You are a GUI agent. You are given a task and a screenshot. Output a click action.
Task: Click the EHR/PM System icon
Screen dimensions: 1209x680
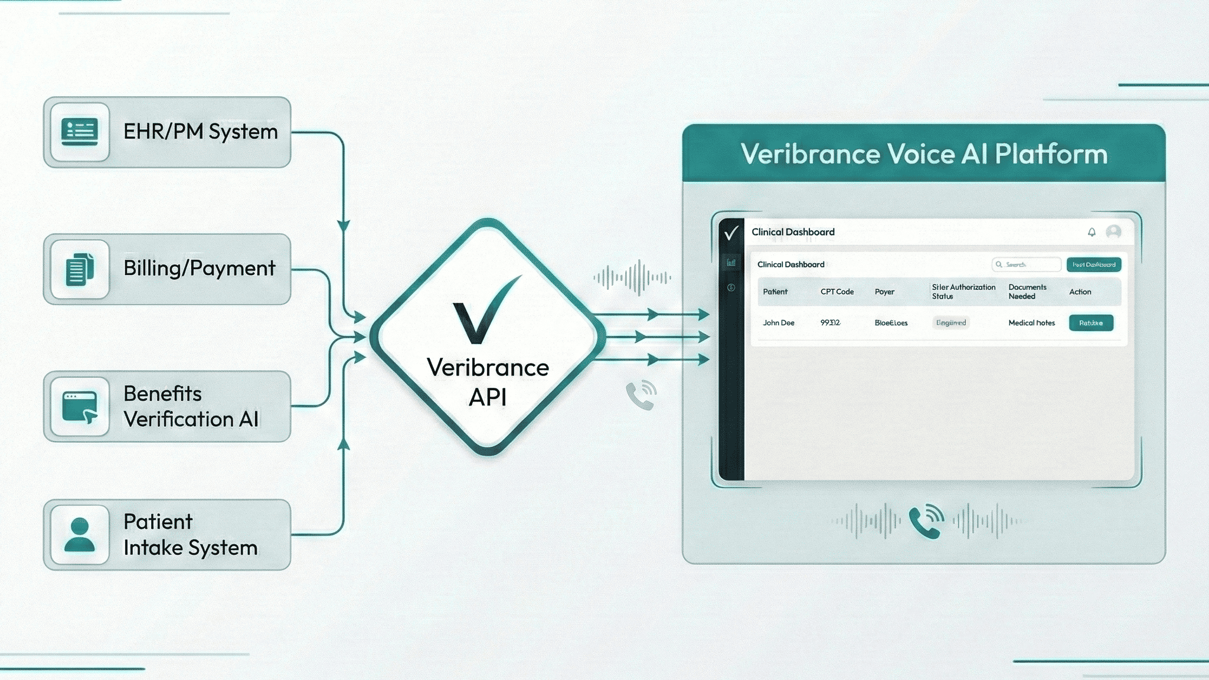coord(80,132)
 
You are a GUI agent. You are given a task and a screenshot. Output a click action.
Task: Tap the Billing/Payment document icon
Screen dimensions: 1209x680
coord(80,269)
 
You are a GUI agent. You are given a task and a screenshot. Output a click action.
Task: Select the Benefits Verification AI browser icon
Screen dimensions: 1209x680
coord(80,407)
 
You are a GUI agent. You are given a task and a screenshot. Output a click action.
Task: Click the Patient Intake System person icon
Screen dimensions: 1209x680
coord(80,535)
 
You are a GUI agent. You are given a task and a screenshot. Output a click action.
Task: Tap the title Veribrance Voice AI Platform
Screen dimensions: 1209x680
coord(924,154)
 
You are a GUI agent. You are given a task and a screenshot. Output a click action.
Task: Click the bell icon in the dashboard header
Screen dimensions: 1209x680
coord(1092,232)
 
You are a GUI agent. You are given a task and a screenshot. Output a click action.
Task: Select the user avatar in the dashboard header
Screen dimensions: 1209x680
coord(1113,231)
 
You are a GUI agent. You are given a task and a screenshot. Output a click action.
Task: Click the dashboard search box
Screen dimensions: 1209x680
coord(1026,264)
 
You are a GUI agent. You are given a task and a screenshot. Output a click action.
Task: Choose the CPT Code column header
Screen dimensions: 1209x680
coord(837,292)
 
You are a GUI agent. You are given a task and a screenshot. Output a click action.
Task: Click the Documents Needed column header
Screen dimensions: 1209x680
coord(1027,292)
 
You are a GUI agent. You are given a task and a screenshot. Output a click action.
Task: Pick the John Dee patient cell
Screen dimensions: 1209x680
coord(778,323)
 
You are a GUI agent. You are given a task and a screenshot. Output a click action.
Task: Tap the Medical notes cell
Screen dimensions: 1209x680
coord(1031,323)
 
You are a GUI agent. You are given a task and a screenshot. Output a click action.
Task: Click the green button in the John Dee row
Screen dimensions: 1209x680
coord(1091,323)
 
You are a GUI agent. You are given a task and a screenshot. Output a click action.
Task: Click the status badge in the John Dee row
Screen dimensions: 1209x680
coord(951,323)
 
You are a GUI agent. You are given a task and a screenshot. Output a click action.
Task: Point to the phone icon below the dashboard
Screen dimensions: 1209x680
coord(926,521)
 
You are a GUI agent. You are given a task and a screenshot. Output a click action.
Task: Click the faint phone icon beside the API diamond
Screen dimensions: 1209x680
coord(641,395)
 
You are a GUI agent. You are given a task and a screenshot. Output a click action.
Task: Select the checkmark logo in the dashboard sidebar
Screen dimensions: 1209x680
coord(731,233)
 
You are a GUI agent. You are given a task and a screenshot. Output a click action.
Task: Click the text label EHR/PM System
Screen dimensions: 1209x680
coord(200,132)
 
